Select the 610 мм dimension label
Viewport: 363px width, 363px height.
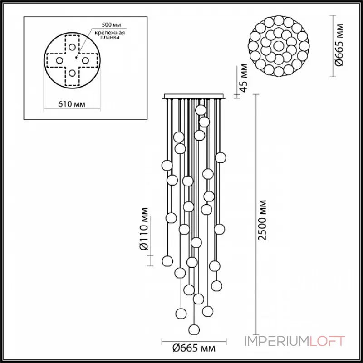click(72, 104)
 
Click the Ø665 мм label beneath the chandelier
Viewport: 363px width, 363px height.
click(194, 348)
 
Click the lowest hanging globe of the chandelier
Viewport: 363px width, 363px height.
click(195, 329)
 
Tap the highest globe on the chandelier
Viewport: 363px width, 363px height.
click(200, 110)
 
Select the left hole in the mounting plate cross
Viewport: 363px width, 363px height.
click(59, 60)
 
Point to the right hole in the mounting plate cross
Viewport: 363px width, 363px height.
click(85, 60)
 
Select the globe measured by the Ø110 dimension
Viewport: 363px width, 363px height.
click(167, 260)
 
